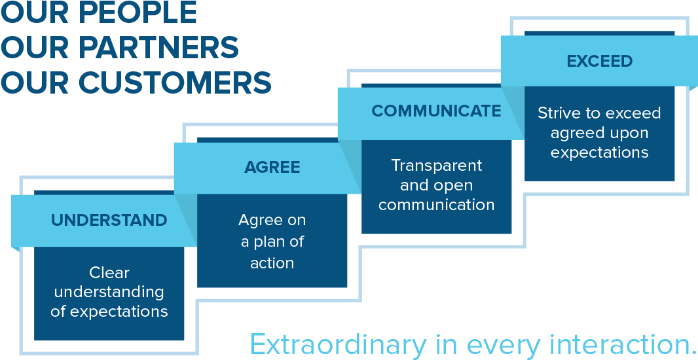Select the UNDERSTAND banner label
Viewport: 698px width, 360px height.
(x=109, y=220)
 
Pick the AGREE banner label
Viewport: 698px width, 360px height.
(x=272, y=167)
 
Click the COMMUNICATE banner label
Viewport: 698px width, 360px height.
(x=436, y=111)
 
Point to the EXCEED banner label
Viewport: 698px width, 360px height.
(x=600, y=61)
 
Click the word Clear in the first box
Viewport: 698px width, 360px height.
(x=109, y=272)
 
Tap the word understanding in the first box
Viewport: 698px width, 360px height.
(x=109, y=292)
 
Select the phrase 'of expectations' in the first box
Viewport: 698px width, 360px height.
(x=109, y=312)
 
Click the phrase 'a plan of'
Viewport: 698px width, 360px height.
(x=272, y=242)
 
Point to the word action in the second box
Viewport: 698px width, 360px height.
(x=272, y=263)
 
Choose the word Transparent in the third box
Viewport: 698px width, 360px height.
(x=436, y=165)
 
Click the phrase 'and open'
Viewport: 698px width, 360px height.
(x=436, y=185)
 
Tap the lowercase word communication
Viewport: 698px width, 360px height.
(x=436, y=205)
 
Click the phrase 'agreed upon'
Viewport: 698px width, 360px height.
(x=599, y=133)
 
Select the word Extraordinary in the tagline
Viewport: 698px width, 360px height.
(x=337, y=345)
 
